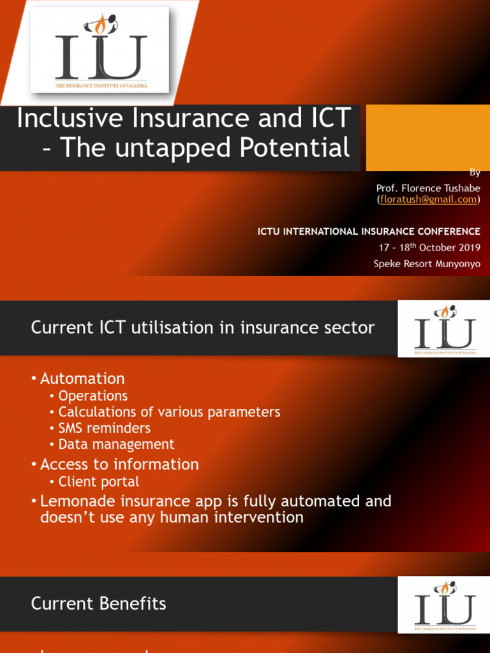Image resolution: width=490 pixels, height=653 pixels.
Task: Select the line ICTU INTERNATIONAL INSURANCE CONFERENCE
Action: point(369,231)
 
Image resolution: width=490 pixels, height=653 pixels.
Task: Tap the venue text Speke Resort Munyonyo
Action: point(427,263)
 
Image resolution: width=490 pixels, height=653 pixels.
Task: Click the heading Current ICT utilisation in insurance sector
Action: point(203,328)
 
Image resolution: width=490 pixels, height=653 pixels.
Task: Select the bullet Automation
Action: point(82,379)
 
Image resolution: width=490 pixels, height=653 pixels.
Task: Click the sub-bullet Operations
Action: point(93,396)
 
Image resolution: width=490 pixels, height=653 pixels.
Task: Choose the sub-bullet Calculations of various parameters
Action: point(169,412)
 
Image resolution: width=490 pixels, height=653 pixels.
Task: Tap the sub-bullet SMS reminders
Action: point(105,428)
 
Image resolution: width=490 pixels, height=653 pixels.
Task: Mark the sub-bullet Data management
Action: point(116,444)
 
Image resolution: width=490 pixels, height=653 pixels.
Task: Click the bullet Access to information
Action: point(119,464)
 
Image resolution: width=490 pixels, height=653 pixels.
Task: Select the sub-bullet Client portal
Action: point(99,482)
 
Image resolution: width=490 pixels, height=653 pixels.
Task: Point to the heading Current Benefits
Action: point(99,604)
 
